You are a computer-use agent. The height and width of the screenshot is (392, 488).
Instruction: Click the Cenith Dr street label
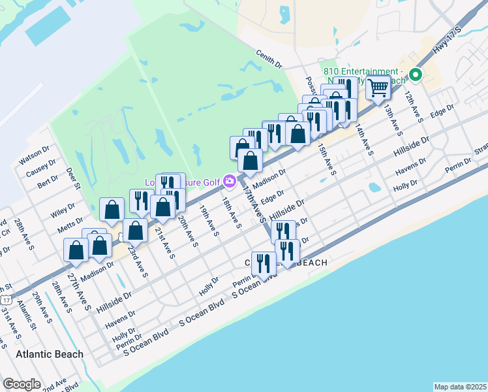269,60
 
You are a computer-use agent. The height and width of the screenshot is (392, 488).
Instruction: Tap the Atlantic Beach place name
50,354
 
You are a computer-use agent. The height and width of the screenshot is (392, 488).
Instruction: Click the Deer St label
72,178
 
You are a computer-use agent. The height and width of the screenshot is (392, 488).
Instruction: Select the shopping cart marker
378,88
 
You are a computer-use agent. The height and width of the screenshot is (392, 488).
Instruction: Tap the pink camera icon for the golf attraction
229,180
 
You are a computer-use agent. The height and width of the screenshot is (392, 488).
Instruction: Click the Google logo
22,384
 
